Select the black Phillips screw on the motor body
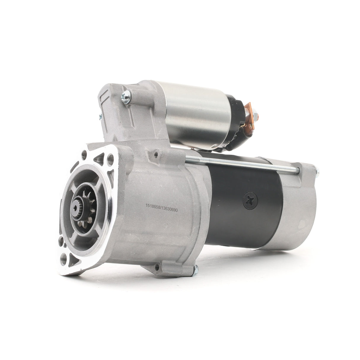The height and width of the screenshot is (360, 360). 249,200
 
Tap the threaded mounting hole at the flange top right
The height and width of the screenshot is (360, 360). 111,158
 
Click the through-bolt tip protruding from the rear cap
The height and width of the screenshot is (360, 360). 317,171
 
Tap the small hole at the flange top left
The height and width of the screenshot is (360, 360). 85,154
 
